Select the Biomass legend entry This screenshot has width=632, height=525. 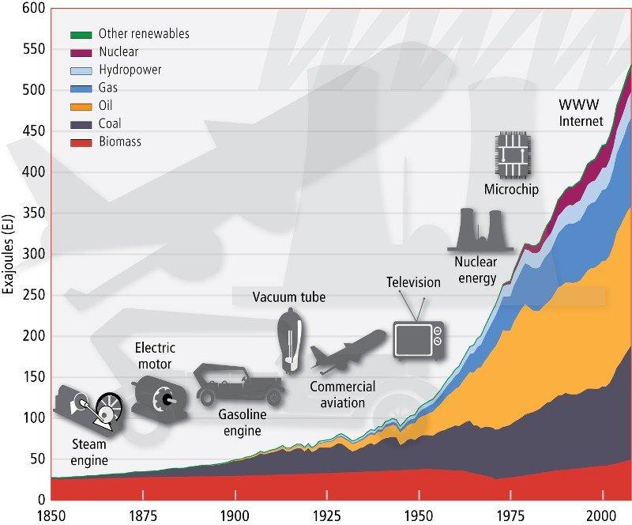[x=120, y=142]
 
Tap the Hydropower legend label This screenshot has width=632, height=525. [x=130, y=70]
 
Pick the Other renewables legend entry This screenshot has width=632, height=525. [x=143, y=34]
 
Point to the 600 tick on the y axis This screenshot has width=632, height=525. [x=25, y=9]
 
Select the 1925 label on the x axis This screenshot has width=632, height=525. [x=326, y=514]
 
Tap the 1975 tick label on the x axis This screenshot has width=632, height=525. [x=510, y=514]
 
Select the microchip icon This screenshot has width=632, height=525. [x=511, y=156]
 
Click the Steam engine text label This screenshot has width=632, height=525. [x=89, y=452]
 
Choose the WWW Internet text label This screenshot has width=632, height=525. [x=581, y=113]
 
